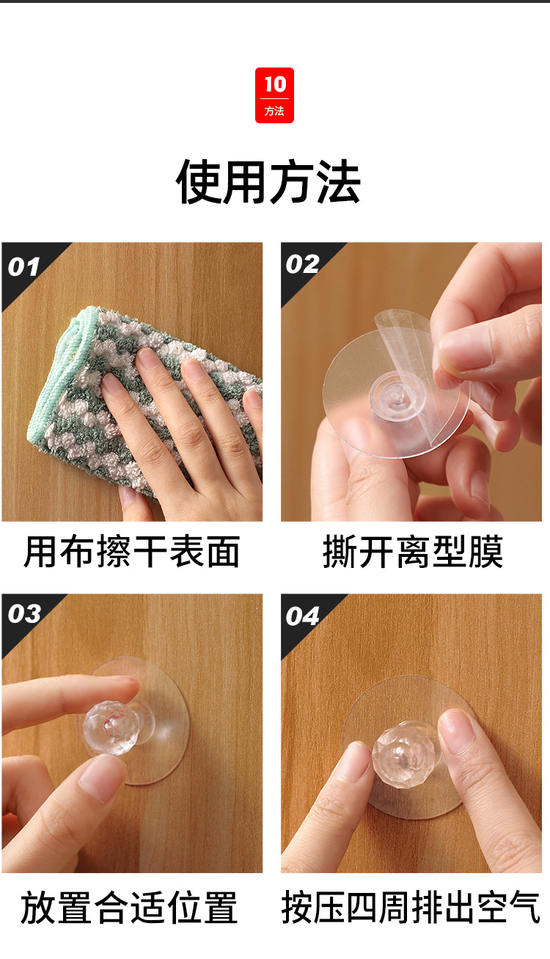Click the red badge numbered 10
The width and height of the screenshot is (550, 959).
[274, 95]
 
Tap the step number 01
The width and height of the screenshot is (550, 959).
[23, 266]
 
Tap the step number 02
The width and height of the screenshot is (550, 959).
[302, 264]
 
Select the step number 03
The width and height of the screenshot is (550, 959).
[23, 613]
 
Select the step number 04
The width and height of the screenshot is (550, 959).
[302, 616]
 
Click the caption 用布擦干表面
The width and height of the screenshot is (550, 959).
[132, 552]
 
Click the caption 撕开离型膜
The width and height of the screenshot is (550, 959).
[413, 552]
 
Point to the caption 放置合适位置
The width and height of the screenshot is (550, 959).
[129, 908]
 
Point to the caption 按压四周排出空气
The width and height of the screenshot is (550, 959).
[411, 908]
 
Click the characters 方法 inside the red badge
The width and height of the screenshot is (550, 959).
[274, 112]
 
